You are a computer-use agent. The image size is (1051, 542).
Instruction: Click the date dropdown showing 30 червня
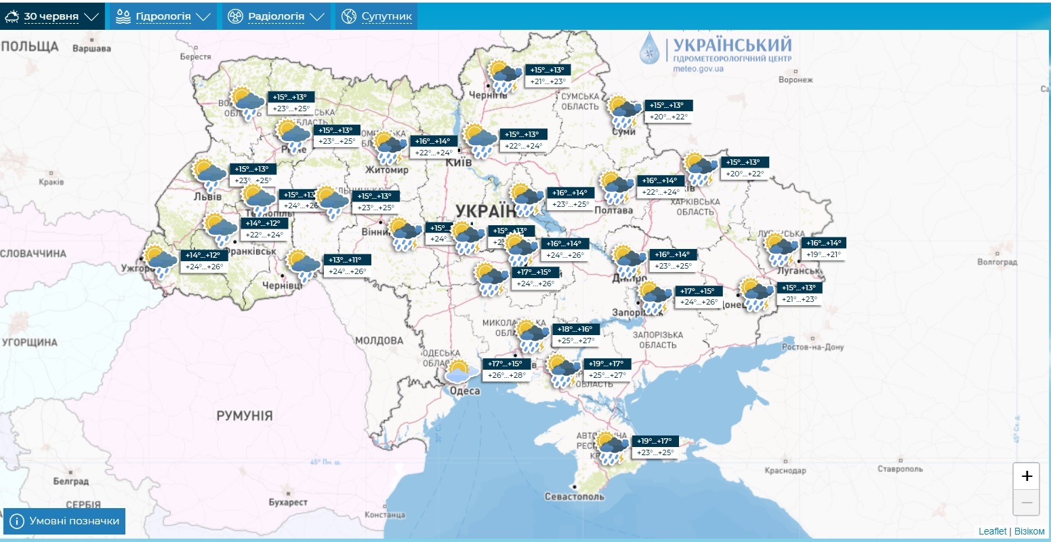click(x=52, y=16)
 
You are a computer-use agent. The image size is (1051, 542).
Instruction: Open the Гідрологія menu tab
click(x=163, y=16)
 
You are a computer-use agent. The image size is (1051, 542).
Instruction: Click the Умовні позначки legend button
click(x=65, y=521)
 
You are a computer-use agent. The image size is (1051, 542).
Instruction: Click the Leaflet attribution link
click(x=992, y=531)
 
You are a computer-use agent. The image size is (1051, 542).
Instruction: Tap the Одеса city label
click(x=465, y=391)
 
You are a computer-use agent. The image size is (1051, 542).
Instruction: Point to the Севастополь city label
click(x=574, y=497)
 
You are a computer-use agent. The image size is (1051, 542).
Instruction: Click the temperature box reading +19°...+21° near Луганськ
click(x=823, y=254)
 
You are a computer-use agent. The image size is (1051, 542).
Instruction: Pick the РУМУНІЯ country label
click(x=244, y=415)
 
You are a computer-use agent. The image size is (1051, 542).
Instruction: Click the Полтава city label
click(x=613, y=210)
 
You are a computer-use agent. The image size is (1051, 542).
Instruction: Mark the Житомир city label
click(x=387, y=170)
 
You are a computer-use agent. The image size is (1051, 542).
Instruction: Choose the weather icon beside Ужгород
click(x=160, y=262)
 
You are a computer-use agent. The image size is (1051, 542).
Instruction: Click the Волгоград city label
click(x=997, y=262)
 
